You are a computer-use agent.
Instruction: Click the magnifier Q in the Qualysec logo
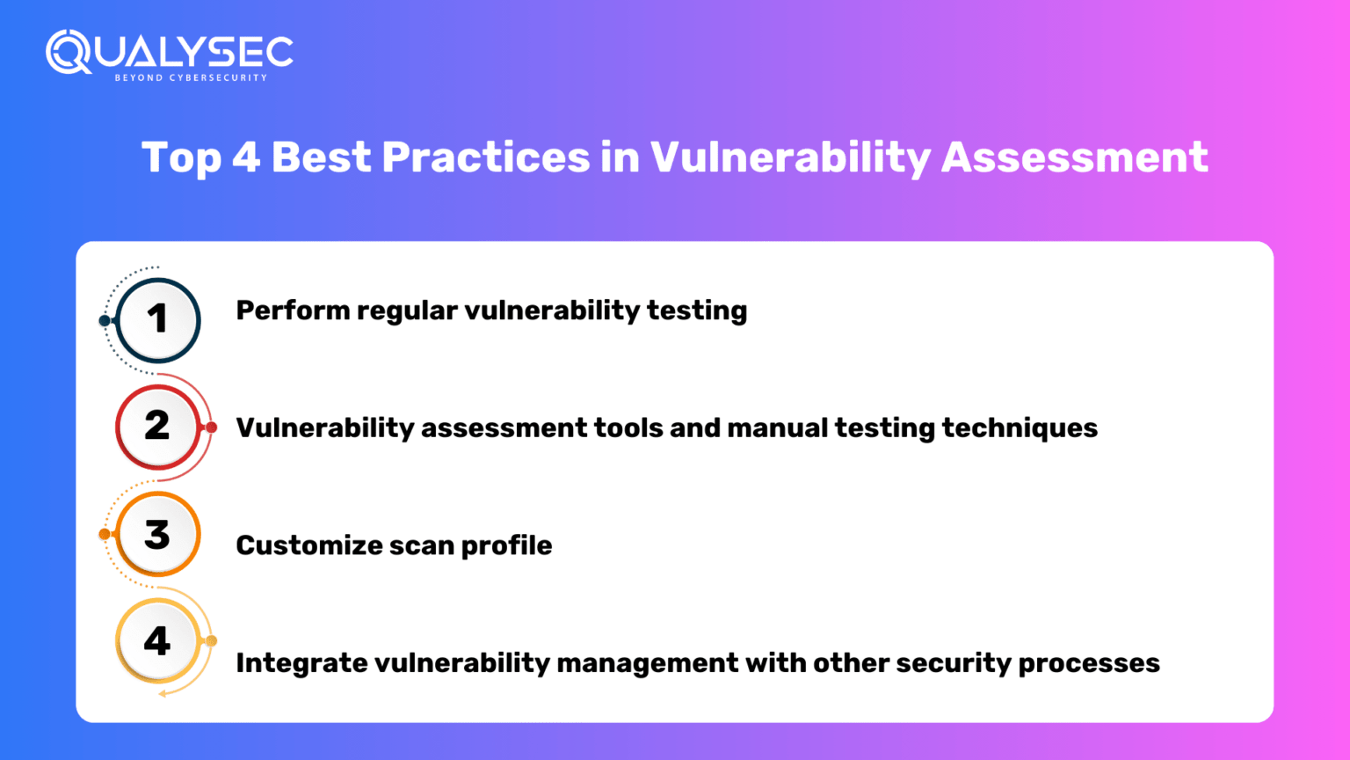pos(67,52)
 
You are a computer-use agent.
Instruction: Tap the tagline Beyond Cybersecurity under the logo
pos(191,78)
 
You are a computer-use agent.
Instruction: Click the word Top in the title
pos(180,158)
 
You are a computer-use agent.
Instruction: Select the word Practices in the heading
pos(485,158)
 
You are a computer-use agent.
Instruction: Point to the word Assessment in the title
pos(1074,158)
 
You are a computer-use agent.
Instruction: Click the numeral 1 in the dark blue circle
pos(157,319)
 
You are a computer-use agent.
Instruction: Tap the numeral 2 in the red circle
pos(157,427)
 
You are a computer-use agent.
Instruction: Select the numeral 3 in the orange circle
pos(157,534)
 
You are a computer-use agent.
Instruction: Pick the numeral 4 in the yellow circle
pos(157,641)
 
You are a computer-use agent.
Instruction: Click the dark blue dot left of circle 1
pos(105,320)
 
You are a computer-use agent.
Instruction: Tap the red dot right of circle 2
pos(211,427)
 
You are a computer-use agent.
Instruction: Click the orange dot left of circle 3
pos(105,534)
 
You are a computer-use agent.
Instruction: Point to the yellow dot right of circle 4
pos(211,641)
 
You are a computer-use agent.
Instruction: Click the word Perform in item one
pos(293,311)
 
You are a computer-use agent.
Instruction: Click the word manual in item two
pos(777,428)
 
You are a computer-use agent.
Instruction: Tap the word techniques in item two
pos(1020,428)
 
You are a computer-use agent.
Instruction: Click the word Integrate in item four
pos(301,663)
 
